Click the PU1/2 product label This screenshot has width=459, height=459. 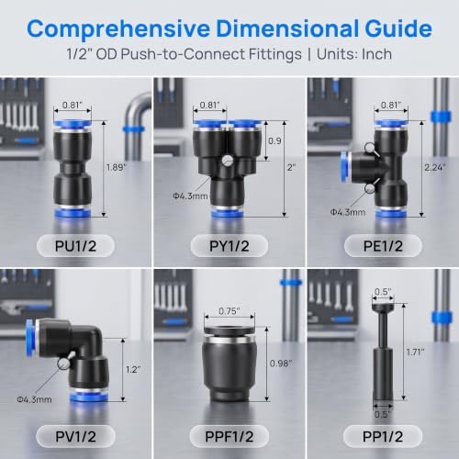click(x=75, y=246)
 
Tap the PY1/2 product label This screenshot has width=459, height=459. click(x=229, y=246)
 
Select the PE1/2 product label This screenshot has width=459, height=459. click(x=383, y=246)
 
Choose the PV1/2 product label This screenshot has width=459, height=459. click(x=75, y=437)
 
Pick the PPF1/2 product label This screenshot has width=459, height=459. click(x=229, y=437)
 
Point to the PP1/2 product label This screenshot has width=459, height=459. click(x=383, y=437)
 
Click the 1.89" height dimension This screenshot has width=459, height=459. click(x=117, y=167)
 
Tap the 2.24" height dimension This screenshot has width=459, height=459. click(x=435, y=167)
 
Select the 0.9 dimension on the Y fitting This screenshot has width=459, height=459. click(x=274, y=140)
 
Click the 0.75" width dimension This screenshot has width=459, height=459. click(x=229, y=311)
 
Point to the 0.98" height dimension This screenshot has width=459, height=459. click(x=281, y=364)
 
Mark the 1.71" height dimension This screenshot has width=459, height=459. click(x=415, y=353)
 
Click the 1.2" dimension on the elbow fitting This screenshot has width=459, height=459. click(x=133, y=369)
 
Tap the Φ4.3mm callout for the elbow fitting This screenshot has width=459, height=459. click(x=34, y=399)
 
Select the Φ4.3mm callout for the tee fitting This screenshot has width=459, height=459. click(x=348, y=212)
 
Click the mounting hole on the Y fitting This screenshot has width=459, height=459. click(x=228, y=161)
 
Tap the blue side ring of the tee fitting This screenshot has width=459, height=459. click(x=345, y=167)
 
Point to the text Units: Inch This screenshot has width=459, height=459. click(x=354, y=54)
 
